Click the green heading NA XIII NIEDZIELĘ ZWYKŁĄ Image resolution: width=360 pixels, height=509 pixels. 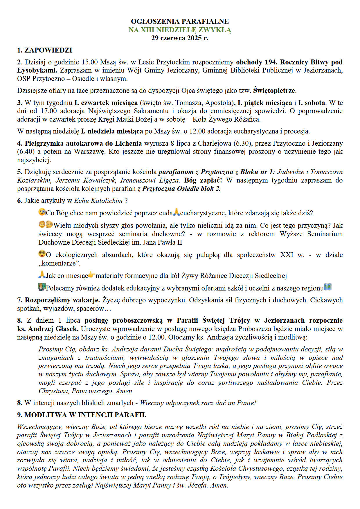(x=180, y=30)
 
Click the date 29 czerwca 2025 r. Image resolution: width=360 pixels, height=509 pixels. (x=180, y=38)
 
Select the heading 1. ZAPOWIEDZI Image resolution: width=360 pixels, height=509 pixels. (x=44, y=50)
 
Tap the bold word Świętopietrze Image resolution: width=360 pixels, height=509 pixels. (x=274, y=91)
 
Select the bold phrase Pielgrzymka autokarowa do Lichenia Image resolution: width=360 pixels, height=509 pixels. (x=83, y=143)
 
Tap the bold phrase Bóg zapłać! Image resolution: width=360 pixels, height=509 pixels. (x=203, y=180)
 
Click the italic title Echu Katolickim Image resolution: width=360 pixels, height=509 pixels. (x=98, y=201)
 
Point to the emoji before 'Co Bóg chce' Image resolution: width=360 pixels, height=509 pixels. (x=42, y=212)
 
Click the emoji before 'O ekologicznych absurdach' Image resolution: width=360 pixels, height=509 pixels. (x=42, y=254)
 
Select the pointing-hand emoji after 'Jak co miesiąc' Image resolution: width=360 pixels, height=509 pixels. (x=92, y=275)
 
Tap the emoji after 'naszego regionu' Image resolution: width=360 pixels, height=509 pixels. (x=328, y=287)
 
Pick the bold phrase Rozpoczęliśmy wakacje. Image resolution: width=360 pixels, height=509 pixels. (x=62, y=300)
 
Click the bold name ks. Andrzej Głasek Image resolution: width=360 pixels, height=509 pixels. (x=48, y=329)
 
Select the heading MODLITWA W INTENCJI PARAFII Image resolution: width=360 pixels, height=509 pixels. (x=85, y=415)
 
